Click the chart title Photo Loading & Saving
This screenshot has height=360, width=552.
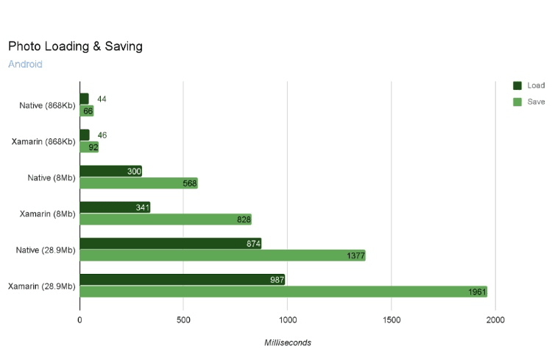75,46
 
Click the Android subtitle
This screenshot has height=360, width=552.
25,64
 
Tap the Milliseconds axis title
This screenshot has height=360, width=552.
288,342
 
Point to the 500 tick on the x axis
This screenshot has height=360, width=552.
183,320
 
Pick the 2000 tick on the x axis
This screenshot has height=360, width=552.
495,320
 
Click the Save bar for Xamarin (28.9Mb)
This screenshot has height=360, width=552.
283,292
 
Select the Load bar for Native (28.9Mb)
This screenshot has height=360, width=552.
170,244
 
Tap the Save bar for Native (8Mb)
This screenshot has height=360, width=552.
138,183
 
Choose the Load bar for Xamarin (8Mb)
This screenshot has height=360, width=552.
115,208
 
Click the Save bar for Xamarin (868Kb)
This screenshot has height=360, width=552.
89,147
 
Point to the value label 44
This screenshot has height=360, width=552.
102,99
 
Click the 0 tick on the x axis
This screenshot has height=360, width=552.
79,320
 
